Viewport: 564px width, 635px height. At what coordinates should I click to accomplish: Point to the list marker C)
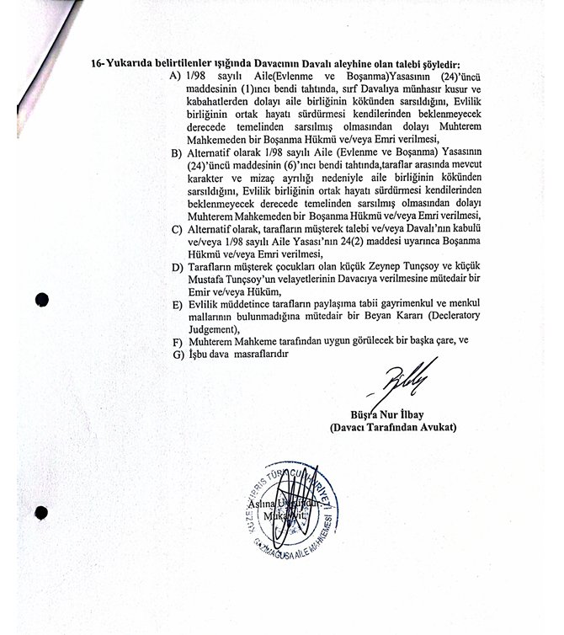[176, 228]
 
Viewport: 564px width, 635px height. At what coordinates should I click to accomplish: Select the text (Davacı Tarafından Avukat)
[393, 429]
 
